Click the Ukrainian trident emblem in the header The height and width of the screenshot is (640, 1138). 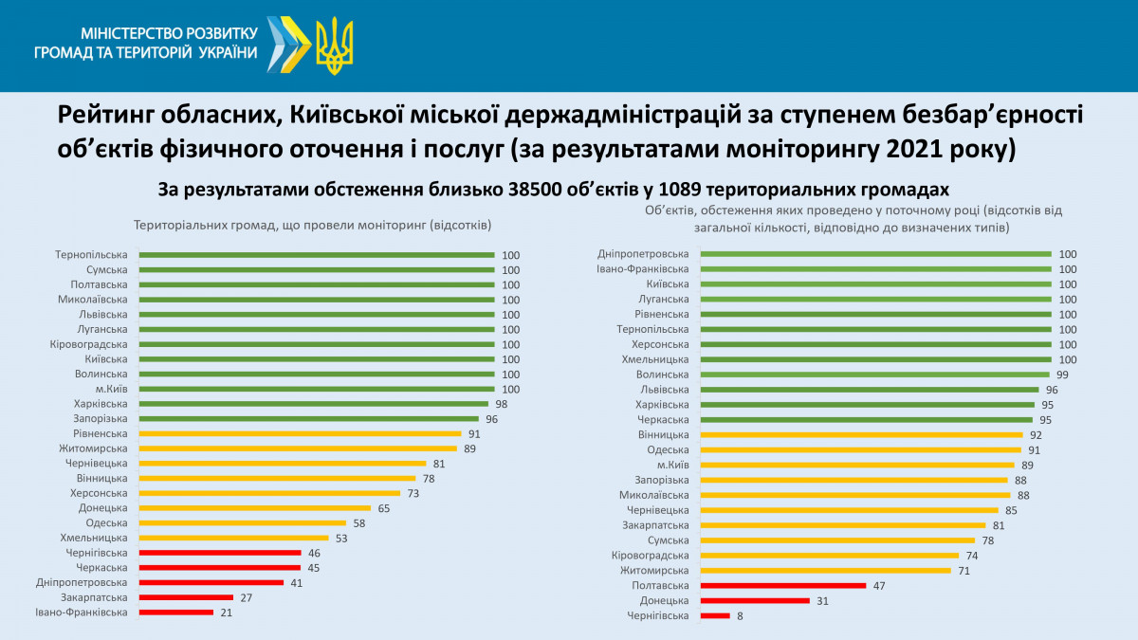click(334, 46)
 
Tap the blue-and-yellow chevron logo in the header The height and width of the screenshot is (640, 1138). click(288, 43)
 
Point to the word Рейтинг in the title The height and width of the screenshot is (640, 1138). click(108, 115)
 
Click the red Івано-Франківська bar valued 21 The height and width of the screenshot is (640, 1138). click(176, 613)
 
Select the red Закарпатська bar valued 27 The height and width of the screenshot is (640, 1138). click(186, 597)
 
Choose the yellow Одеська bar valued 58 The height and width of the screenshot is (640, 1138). click(242, 522)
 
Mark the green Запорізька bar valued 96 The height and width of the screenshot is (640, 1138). click(309, 418)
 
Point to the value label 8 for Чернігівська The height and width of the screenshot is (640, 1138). click(740, 616)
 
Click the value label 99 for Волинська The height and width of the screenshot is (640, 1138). click(1063, 375)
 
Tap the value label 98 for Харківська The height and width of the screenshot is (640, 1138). click(501, 404)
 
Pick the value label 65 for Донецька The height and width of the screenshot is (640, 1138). click(384, 508)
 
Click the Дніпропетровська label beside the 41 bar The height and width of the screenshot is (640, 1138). click(82, 582)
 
